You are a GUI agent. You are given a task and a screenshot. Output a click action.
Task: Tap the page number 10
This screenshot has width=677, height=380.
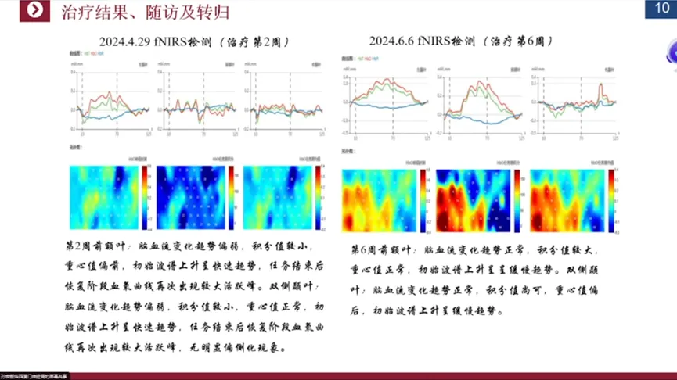[658, 9]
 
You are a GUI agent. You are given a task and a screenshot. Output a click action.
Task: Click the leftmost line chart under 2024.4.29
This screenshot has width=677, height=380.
[112, 105]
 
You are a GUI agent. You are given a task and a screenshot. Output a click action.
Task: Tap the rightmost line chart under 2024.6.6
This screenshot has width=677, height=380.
[575, 102]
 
